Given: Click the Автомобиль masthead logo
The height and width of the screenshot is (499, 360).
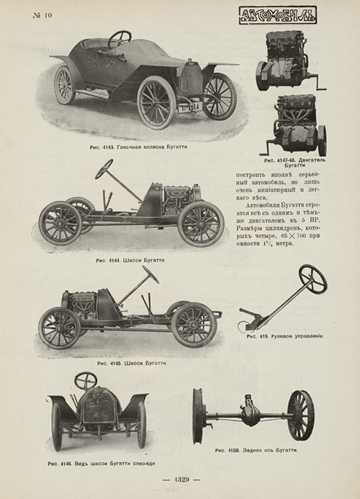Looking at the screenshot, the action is (x=278, y=16).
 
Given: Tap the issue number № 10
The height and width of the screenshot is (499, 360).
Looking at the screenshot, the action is (x=42, y=15).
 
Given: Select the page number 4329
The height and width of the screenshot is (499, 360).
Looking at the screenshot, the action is (x=181, y=480).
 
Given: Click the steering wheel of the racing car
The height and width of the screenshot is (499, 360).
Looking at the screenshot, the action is (x=120, y=39).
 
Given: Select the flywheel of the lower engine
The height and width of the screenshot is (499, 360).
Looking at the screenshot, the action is (x=322, y=140).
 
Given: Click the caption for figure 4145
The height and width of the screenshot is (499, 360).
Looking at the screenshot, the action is (x=132, y=363).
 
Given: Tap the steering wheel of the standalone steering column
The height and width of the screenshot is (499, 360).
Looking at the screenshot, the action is (x=312, y=279).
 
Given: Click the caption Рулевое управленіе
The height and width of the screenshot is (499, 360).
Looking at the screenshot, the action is (x=285, y=336).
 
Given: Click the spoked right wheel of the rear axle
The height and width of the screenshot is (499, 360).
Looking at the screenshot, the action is (x=300, y=415).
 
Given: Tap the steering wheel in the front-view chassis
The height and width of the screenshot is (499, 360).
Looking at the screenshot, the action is (x=86, y=380).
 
